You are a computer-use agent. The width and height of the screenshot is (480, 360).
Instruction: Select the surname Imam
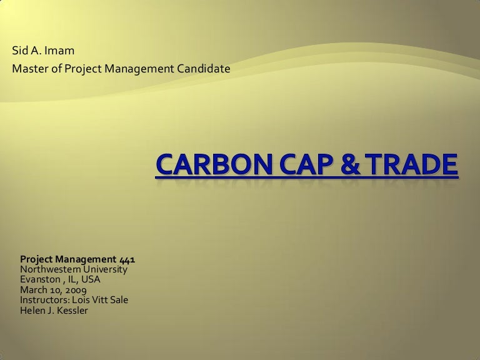54,51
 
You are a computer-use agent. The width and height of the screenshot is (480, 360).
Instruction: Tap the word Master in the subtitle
29,68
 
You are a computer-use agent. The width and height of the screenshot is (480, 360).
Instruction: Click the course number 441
127,259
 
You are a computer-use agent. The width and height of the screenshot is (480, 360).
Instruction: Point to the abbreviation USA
91,279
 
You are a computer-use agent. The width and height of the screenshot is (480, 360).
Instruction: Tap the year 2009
76,290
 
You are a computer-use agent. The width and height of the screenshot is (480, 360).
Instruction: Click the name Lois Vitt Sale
101,300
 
